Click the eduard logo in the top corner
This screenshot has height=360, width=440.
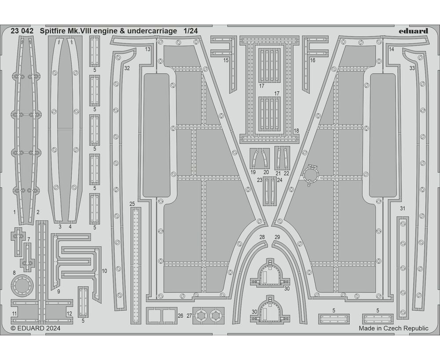click(413, 31)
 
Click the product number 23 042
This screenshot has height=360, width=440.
click(21, 31)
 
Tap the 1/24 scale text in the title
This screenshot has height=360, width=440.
click(191, 31)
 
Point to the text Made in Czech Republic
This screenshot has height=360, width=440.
click(393, 328)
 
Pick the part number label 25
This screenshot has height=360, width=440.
click(132, 204)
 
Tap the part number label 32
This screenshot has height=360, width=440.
click(127, 68)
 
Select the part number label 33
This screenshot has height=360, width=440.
click(412, 68)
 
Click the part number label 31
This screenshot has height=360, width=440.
click(402, 208)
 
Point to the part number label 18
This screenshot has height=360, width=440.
click(296, 131)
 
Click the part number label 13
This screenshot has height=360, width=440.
click(147, 49)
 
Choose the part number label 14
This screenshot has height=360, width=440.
click(391, 49)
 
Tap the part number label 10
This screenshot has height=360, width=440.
click(104, 271)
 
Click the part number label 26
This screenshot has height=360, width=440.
click(180, 316)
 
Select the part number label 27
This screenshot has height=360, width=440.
click(190, 316)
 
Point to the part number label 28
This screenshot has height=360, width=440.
click(262, 237)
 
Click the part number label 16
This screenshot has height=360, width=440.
click(312, 60)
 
